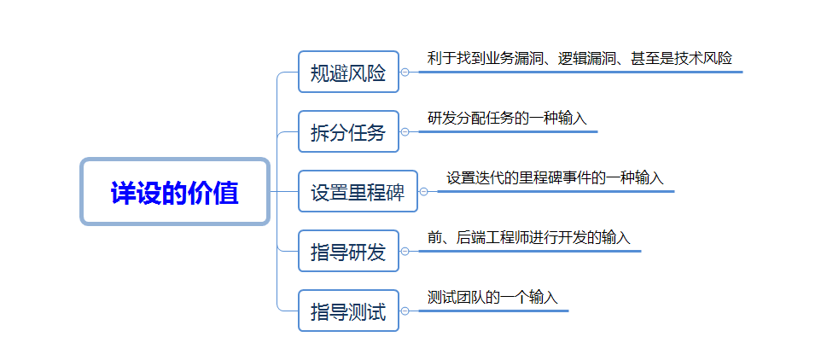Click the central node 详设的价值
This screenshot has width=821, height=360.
(x=175, y=192)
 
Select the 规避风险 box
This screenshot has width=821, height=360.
(x=348, y=73)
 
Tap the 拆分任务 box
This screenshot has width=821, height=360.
(x=348, y=132)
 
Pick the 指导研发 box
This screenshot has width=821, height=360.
(x=348, y=252)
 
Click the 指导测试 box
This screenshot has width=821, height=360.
(x=348, y=311)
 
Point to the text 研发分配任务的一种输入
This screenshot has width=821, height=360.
(x=507, y=119)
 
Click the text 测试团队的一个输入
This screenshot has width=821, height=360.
(x=492, y=298)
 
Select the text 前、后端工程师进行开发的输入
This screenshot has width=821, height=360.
(x=529, y=238)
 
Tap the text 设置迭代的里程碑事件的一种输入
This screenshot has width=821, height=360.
(x=555, y=178)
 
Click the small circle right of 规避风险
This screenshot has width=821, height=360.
(x=405, y=73)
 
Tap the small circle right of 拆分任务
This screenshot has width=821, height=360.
(x=405, y=132)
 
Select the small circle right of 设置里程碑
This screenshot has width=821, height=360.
(x=423, y=192)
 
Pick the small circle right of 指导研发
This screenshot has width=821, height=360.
(x=405, y=252)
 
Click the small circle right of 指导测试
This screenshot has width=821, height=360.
(x=405, y=311)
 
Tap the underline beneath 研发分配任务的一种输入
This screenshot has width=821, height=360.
(x=508, y=131)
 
